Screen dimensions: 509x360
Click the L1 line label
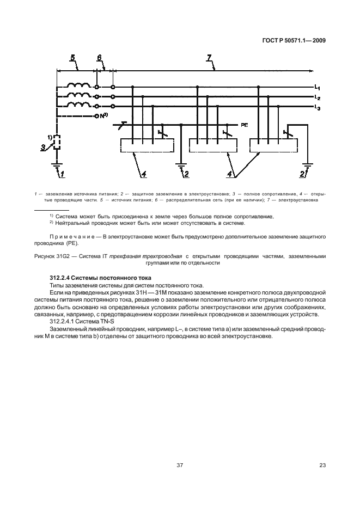(317, 88)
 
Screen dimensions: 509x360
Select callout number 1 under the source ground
(63, 174)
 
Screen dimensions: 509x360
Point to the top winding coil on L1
(78, 86)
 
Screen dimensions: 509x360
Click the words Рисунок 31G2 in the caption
(52, 256)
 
